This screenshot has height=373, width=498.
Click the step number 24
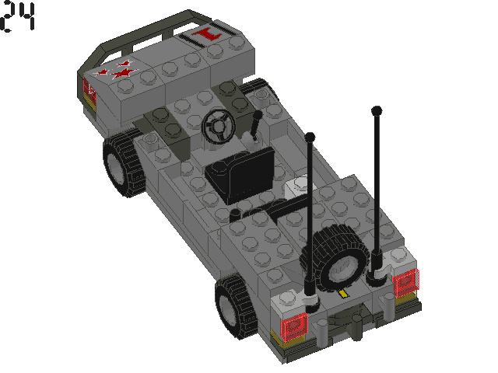point(19,18)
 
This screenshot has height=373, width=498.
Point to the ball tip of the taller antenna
point(377,110)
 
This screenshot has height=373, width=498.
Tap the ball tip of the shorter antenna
point(310,137)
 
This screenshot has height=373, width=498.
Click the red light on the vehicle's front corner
point(89,89)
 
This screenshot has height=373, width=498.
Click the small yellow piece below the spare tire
point(343,295)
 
